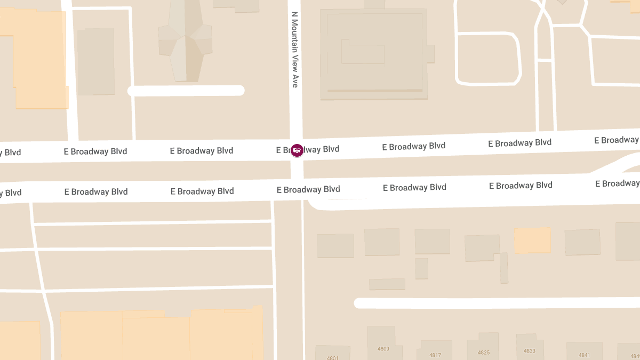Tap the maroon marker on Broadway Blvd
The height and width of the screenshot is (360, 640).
pyautogui.click(x=297, y=150)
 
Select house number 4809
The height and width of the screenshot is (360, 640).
pyautogui.click(x=383, y=349)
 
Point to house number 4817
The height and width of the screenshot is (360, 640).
pyautogui.click(x=435, y=355)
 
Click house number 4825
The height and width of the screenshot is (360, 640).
pyautogui.click(x=484, y=353)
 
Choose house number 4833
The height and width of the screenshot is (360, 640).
pyautogui.click(x=529, y=351)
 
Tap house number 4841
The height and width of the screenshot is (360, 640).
pyautogui.click(x=585, y=355)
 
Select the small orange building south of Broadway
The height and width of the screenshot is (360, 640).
pyautogui.click(x=532, y=240)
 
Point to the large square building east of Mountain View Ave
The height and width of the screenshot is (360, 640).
pyautogui.click(x=373, y=53)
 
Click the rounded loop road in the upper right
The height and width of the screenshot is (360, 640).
pyautogui.click(x=487, y=59)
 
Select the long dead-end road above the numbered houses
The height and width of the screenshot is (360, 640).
pyautogui.click(x=496, y=303)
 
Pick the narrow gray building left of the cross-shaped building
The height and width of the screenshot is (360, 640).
pyautogui.click(x=96, y=61)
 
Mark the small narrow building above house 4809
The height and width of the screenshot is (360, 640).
pyautogui.click(x=387, y=284)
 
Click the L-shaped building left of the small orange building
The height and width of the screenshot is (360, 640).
pyautogui.click(x=483, y=248)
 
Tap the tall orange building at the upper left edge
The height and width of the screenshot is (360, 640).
pyautogui.click(x=37, y=59)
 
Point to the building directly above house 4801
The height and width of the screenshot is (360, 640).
pyautogui.click(x=335, y=246)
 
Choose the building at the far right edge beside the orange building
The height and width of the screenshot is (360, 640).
pyautogui.click(x=628, y=241)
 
